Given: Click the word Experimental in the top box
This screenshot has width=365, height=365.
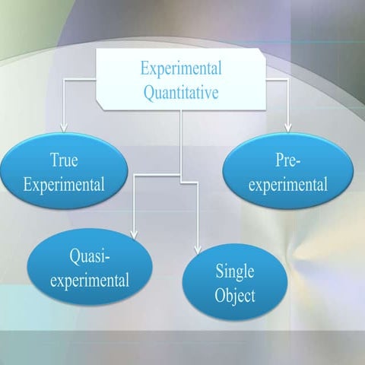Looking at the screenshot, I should (181, 68).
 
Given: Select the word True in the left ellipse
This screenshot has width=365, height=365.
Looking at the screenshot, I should (64, 160).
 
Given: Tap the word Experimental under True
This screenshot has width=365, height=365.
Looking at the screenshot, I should (64, 183).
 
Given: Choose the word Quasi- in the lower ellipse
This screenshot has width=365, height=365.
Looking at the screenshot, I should (90, 256).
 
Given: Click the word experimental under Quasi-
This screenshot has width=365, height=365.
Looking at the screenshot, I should (90, 279).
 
